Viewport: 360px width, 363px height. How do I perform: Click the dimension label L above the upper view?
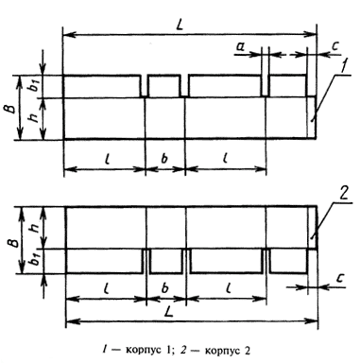pos(180,26)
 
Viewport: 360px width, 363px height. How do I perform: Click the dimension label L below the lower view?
pos(169,312)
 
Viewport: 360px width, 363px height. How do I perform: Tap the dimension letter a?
pos(240,47)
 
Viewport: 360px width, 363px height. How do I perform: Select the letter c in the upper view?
pos(334,46)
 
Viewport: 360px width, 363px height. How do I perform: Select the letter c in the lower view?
pos(339,278)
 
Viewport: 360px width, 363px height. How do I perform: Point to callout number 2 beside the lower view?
pos(343,194)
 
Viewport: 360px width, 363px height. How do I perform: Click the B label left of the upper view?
pos(11,109)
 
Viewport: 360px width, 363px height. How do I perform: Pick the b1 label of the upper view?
pos(35,86)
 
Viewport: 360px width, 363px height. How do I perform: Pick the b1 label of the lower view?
pos(36,260)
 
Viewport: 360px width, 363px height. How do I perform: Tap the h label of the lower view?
pos(36,226)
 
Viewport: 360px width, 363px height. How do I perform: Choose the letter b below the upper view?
pos(164,159)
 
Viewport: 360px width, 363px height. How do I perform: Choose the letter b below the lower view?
pos(165,288)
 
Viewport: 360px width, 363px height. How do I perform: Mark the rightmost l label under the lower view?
pos(226,288)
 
